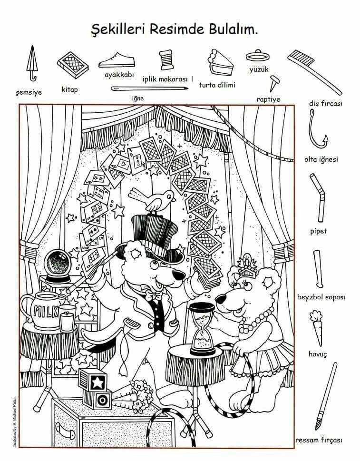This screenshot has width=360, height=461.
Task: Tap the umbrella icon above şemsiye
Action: tap(32, 63)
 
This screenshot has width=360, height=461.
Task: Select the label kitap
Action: tap(69, 89)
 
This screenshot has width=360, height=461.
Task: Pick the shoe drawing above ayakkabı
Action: tap(117, 60)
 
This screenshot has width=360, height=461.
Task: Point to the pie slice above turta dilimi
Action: tap(220, 63)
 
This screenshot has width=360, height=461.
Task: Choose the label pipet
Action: tap(319, 231)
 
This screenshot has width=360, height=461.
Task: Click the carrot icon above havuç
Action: tap(317, 328)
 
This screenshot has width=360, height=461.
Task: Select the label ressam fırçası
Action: tap(319, 440)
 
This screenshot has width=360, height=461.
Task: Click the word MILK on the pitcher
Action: tap(46, 311)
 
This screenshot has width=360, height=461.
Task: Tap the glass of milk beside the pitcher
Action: tap(68, 318)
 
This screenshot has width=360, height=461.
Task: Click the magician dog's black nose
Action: tap(178, 275)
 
